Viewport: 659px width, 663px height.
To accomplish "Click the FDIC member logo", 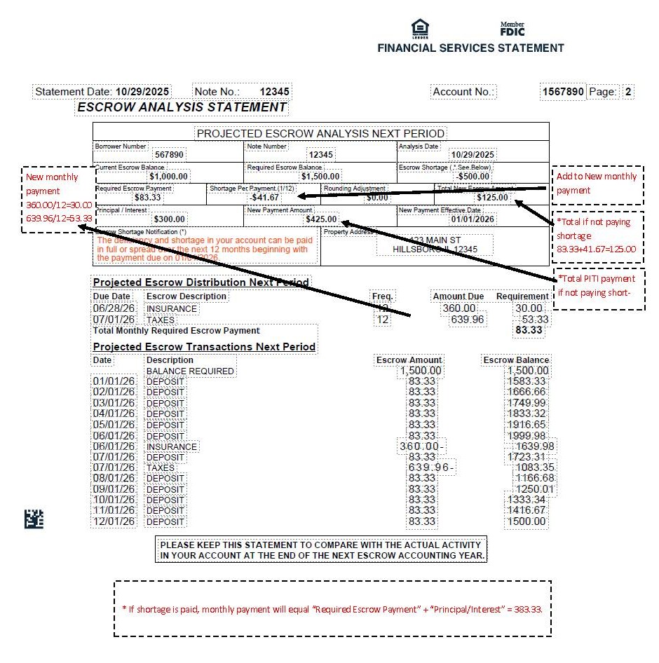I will point(512,29).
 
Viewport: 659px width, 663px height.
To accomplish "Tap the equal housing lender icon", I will point(420,28).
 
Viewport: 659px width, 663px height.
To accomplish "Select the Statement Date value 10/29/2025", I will point(143,92).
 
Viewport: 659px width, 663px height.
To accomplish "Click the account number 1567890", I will point(562,92).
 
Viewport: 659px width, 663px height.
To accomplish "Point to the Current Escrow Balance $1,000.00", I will point(169,177).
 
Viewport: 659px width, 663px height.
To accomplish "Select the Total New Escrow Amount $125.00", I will point(492,198).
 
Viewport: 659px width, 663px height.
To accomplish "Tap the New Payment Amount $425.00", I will point(321,219).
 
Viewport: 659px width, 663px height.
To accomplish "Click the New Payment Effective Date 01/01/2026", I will point(474,219).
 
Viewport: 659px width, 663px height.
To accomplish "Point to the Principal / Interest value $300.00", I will point(170,219).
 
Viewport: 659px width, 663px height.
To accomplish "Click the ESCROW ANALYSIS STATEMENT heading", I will point(182,107).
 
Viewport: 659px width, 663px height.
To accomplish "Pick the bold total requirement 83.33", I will point(529,330).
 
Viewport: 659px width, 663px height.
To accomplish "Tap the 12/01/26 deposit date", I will point(114,521).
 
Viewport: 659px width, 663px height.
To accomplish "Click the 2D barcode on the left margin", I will point(34,519).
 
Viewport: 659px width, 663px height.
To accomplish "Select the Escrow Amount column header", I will point(409,360).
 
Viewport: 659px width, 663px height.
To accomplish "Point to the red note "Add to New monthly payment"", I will point(597,184).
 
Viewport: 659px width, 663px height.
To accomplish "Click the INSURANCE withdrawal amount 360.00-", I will point(422,446).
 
